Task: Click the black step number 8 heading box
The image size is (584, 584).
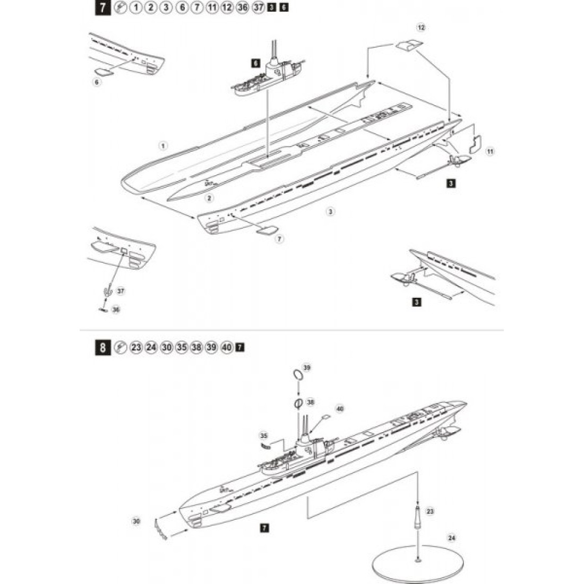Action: [101, 348]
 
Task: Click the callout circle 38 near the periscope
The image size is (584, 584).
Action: [311, 402]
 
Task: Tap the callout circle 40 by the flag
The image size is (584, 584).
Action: [340, 409]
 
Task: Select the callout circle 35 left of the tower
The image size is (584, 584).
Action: [264, 436]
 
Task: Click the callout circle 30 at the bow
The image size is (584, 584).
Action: [136, 522]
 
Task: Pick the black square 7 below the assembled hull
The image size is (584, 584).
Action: [263, 528]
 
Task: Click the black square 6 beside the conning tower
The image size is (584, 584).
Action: [255, 63]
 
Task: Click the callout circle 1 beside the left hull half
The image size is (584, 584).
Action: [163, 145]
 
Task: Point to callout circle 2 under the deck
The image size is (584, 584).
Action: [209, 198]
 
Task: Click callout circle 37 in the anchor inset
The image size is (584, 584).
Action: [121, 291]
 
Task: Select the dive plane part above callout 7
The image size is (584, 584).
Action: [265, 229]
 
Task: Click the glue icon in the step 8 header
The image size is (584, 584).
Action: [119, 348]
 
